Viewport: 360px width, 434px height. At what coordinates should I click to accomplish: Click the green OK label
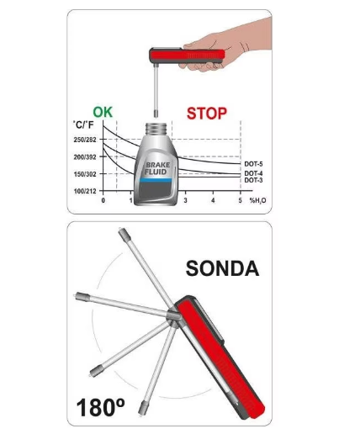pyautogui.click(x=103, y=112)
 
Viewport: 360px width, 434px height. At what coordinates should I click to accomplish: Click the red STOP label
pyautogui.click(x=207, y=114)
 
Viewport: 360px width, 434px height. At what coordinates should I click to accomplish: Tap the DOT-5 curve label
pyautogui.click(x=253, y=164)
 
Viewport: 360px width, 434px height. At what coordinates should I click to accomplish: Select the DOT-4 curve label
pyautogui.click(x=253, y=173)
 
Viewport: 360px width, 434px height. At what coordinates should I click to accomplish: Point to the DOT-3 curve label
pyautogui.click(x=253, y=180)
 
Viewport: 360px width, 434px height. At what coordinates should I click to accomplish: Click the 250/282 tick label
pyautogui.click(x=85, y=140)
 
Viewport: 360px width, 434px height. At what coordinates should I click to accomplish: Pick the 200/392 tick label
pyautogui.click(x=85, y=157)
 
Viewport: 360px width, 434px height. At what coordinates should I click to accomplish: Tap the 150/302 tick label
pyautogui.click(x=85, y=174)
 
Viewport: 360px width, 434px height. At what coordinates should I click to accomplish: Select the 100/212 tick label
pyautogui.click(x=85, y=191)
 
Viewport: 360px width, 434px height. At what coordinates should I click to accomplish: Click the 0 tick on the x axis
pyautogui.click(x=103, y=200)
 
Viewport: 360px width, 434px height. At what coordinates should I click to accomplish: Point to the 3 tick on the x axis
pyautogui.click(x=185, y=200)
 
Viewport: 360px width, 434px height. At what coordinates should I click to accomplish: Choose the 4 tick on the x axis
pyautogui.click(x=213, y=200)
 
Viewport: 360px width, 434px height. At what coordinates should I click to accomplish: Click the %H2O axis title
pyautogui.click(x=257, y=200)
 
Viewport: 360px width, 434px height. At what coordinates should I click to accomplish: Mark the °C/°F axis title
pyautogui.click(x=83, y=124)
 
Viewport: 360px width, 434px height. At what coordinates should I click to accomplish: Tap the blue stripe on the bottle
pyautogui.click(x=156, y=180)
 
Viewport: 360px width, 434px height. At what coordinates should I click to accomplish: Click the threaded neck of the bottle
pyautogui.click(x=156, y=130)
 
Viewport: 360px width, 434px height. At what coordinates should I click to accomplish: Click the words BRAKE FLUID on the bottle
pyautogui.click(x=157, y=168)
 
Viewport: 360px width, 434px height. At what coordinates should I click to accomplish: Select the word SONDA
pyautogui.click(x=222, y=268)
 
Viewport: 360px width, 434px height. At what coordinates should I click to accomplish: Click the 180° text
pyautogui.click(x=100, y=407)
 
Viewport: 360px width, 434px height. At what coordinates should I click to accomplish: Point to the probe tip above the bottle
pyautogui.click(x=156, y=114)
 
